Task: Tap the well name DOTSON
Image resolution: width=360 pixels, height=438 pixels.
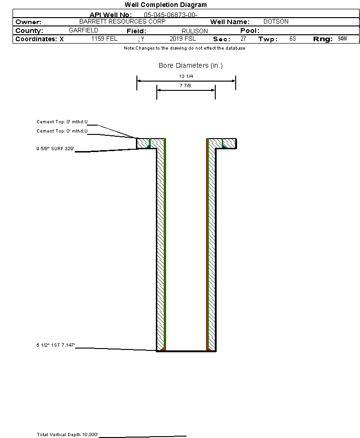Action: coord(276,22)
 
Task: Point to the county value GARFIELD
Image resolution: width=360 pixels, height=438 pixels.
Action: coord(83,30)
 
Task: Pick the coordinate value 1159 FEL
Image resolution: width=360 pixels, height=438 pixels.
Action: coord(104,39)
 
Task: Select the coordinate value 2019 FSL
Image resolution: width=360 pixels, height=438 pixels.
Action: coord(182,39)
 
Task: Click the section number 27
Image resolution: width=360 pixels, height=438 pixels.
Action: coord(243,39)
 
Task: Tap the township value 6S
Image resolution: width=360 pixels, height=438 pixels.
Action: coord(292,39)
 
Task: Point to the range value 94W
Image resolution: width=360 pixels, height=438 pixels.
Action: coord(342,39)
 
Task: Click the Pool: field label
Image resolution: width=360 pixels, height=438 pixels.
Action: coord(249,31)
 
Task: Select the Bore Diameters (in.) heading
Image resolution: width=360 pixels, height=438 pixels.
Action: coord(191,66)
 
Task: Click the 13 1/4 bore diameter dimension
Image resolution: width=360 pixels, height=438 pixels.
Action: coord(186,76)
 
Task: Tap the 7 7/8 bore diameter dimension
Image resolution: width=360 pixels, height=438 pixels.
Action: coord(186,86)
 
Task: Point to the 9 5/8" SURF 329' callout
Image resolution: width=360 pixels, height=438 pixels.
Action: coord(56,149)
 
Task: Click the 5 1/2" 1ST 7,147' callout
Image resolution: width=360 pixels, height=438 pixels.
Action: coord(56,345)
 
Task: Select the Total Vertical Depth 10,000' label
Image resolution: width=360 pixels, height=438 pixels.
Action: coord(68,435)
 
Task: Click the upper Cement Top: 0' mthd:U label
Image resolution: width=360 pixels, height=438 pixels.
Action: coord(62,122)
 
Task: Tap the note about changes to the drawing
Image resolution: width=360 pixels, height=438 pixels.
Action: coord(185,48)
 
